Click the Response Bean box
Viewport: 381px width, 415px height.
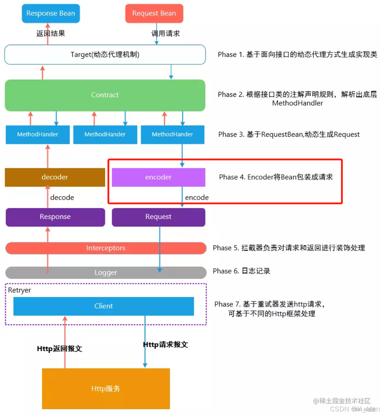pos(51,14)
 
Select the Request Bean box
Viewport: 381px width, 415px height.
pos(154,14)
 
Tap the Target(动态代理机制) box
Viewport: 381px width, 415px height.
pos(105,55)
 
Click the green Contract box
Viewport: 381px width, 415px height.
pos(105,95)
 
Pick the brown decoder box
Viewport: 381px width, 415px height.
pos(55,177)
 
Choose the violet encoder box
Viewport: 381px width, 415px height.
pos(158,177)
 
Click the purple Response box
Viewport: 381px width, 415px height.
pos(55,217)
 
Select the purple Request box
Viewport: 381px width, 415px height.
pos(158,217)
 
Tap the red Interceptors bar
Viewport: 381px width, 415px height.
pos(106,248)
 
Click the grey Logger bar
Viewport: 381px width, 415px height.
pos(106,272)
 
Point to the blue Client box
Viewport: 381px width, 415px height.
pos(104,306)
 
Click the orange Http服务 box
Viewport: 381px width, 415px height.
pos(106,389)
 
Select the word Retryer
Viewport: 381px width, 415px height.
pos(20,290)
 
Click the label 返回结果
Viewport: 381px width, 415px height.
pos(51,34)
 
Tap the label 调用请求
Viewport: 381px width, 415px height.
pos(166,34)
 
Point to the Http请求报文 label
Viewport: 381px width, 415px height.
pos(165,345)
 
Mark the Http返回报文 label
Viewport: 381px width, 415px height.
pos(59,349)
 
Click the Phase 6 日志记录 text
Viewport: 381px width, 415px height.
pos(241,271)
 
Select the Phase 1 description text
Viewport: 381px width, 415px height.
pos(297,55)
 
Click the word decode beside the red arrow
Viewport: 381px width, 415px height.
pos(62,197)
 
